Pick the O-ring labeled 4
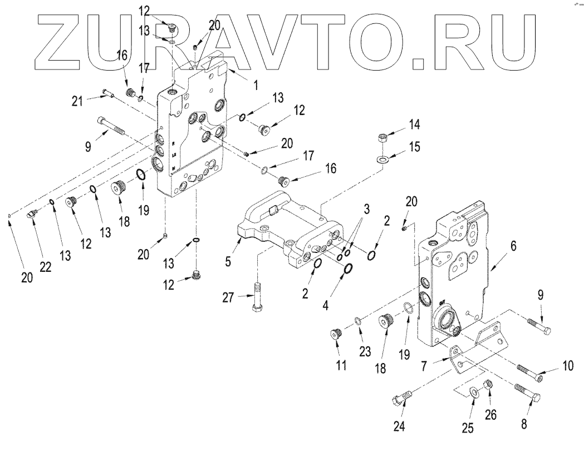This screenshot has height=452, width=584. [x=348, y=269]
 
